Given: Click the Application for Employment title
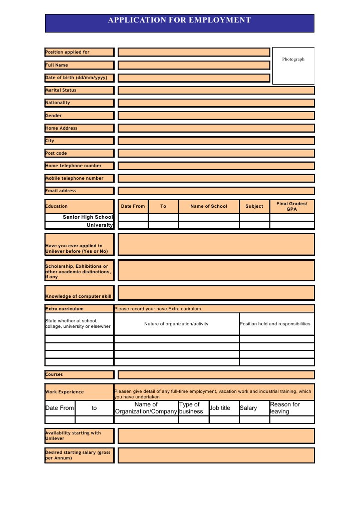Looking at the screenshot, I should click(x=179, y=21).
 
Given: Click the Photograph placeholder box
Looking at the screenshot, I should click(x=293, y=66).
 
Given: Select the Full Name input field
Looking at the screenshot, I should click(x=194, y=65).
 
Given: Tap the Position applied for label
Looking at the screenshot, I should click(x=79, y=52).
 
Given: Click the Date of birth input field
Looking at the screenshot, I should click(x=194, y=78).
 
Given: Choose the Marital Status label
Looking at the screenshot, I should click(x=79, y=90).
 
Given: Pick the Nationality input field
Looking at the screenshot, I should click(x=216, y=103).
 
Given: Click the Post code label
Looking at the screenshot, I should click(x=79, y=153).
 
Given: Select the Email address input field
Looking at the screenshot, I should click(x=216, y=191).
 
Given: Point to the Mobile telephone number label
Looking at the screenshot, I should click(x=79, y=178).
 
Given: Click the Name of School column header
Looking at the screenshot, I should click(x=209, y=206).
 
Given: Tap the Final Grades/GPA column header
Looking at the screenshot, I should click(x=292, y=206).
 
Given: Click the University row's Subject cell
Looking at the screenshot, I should click(x=254, y=225).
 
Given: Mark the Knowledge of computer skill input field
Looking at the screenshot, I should click(x=216, y=293).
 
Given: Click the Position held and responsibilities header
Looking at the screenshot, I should click(x=277, y=324).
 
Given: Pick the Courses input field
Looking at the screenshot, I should click(x=216, y=374).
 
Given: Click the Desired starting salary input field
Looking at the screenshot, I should click(x=216, y=455).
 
